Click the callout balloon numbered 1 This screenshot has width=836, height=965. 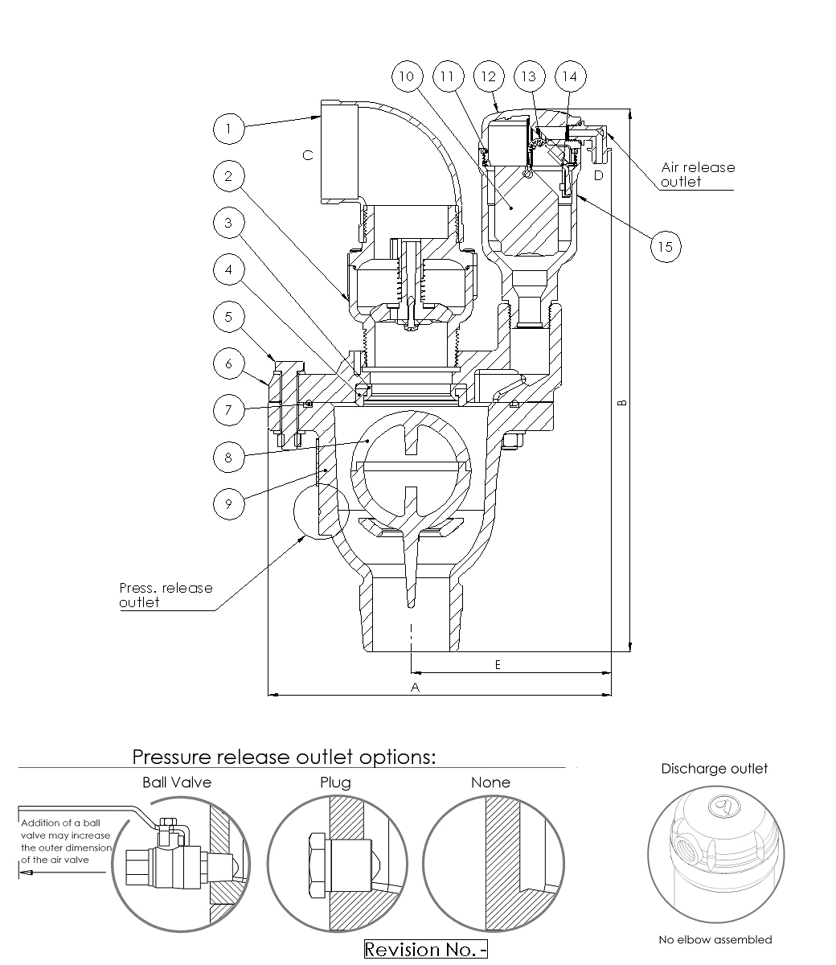click(x=229, y=129)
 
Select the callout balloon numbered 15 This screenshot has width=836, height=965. click(x=665, y=246)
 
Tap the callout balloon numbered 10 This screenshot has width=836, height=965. click(x=407, y=77)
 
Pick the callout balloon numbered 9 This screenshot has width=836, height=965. click(x=229, y=503)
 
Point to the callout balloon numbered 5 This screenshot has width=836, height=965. click(x=229, y=316)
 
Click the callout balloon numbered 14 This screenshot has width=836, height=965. click(x=570, y=77)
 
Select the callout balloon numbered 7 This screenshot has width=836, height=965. click(x=229, y=409)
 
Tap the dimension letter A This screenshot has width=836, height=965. click(x=416, y=687)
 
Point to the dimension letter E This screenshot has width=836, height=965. click(x=498, y=664)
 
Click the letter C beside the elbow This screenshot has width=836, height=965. click(x=308, y=155)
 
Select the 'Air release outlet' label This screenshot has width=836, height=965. click(x=697, y=175)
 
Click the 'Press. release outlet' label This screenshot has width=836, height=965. click(x=166, y=594)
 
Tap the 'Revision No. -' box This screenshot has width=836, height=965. click(x=426, y=950)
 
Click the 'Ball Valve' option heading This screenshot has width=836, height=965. click(x=177, y=782)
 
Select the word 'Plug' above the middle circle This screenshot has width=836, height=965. click(x=335, y=782)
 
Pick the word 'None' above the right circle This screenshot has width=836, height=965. click(x=490, y=782)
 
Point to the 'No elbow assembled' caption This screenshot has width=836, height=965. click(x=715, y=939)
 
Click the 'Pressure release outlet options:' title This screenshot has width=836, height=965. click(x=284, y=757)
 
